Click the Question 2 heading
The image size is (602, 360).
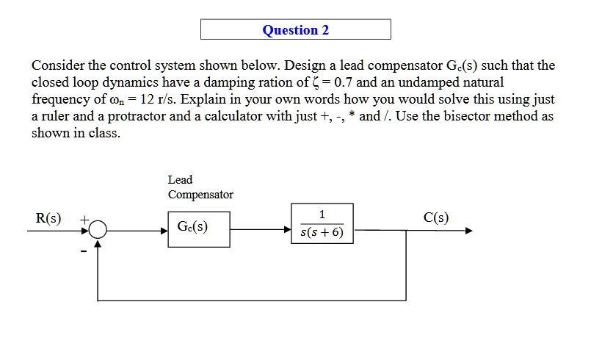tap(296, 30)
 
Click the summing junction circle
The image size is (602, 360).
tap(98, 231)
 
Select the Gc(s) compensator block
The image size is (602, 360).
tap(198, 229)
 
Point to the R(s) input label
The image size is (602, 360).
tap(48, 218)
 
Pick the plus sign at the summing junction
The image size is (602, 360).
tap(84, 219)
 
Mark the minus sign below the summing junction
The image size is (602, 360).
tap(84, 252)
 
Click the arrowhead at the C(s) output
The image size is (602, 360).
tap(468, 231)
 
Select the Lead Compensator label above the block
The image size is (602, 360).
tap(200, 187)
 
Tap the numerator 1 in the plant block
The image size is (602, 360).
tap(322, 215)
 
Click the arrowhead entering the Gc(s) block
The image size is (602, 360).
tap(164, 231)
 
